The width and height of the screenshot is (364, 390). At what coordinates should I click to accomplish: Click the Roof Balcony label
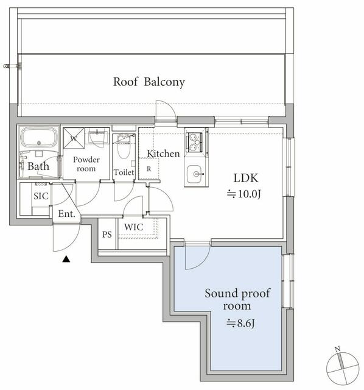(149, 82)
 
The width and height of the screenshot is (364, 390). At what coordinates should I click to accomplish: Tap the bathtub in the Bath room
(39, 137)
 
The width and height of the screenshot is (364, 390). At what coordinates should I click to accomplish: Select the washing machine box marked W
(74, 138)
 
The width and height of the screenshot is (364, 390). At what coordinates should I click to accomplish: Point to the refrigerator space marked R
(149, 169)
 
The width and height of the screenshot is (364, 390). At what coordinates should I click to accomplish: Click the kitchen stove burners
(194, 142)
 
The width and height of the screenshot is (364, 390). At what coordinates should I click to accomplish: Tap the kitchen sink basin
(195, 174)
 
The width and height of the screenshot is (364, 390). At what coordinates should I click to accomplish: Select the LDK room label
(246, 178)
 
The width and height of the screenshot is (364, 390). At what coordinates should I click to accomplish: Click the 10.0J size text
(243, 194)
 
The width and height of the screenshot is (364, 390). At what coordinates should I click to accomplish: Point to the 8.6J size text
(240, 324)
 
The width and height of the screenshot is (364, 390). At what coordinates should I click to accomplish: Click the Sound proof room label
(237, 299)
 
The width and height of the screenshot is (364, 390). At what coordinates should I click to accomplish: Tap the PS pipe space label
(107, 234)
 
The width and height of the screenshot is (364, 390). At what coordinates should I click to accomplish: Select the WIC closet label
(134, 227)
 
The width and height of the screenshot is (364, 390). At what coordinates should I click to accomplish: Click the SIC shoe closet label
(41, 196)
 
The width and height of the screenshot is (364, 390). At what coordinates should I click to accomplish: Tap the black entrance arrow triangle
(66, 260)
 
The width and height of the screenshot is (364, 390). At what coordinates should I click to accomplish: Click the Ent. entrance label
(66, 214)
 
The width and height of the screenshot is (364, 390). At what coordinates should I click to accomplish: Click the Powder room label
(86, 164)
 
